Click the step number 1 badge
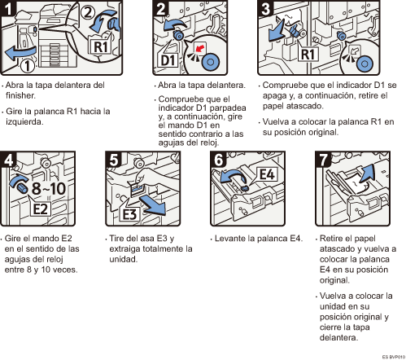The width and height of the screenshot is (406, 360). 7,7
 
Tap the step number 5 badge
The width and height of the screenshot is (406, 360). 113,159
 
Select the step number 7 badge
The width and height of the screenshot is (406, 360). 323,159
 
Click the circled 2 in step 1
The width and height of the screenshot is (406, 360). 88,13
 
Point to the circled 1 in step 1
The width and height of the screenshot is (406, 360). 28,66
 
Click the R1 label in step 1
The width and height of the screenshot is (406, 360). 100,47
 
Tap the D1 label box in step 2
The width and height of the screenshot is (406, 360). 168,59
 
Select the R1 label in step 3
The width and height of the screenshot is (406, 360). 308,54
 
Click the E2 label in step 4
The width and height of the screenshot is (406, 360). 40,209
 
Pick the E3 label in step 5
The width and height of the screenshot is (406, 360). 129,214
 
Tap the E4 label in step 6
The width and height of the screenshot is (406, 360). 267,174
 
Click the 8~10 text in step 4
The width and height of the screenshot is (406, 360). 49,188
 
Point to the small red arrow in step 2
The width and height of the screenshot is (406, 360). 200,48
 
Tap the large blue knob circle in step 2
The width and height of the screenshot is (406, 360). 210,62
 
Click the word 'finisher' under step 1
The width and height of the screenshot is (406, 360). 20,95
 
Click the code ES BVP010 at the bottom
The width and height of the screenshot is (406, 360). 393,357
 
